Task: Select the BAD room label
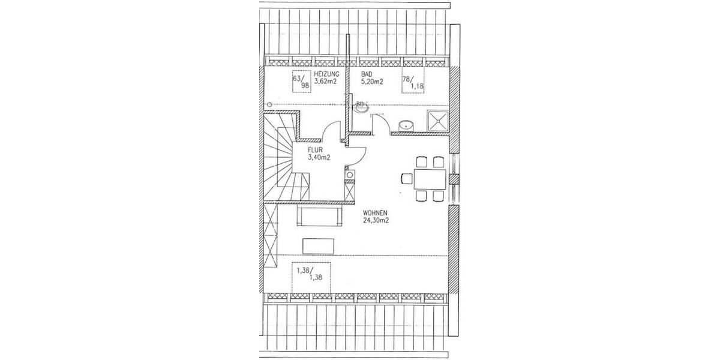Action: (367, 75)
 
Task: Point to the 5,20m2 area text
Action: (372, 82)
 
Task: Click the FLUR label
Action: (316, 151)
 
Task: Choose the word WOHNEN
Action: (377, 212)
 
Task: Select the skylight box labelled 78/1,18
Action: (412, 83)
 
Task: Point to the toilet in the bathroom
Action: (360, 106)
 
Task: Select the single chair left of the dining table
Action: (405, 178)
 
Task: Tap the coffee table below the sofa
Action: (318, 246)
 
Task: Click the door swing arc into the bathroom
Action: (379, 124)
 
